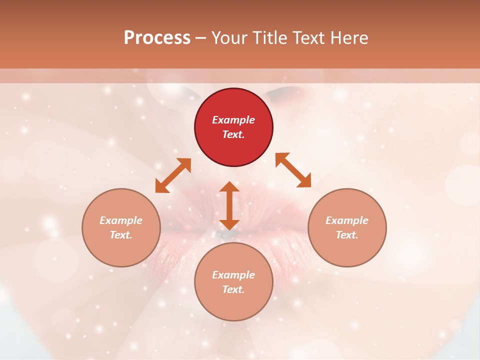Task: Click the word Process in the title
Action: pyautogui.click(x=157, y=38)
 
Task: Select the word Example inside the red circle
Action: pyautogui.click(x=233, y=120)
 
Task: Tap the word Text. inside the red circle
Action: pyautogui.click(x=233, y=134)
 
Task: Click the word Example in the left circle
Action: pyautogui.click(x=121, y=220)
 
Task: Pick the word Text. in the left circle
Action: pyautogui.click(x=121, y=235)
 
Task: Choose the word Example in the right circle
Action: pyautogui.click(x=347, y=220)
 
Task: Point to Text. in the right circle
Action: pyautogui.click(x=347, y=235)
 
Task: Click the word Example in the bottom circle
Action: pyautogui.click(x=233, y=275)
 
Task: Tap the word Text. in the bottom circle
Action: pyautogui.click(x=233, y=289)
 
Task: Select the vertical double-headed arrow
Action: pyautogui.click(x=229, y=205)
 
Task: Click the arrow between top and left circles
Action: pyautogui.click(x=173, y=175)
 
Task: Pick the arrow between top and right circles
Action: pyautogui.click(x=293, y=170)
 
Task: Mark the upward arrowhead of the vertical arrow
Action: pyautogui.click(x=229, y=187)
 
